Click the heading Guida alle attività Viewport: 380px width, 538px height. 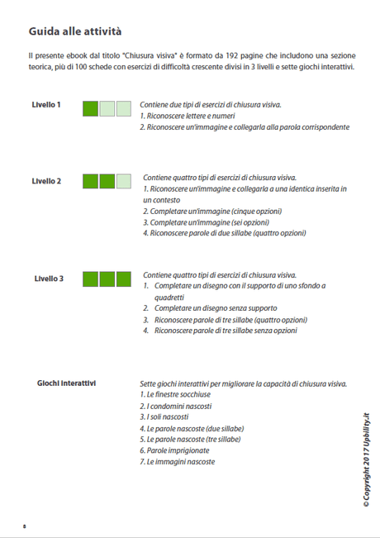tap(75, 32)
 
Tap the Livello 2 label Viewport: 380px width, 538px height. tap(46, 181)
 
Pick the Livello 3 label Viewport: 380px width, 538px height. tap(49, 279)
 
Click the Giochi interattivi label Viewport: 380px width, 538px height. tap(66, 383)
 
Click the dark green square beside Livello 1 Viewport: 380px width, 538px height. tap(91, 108)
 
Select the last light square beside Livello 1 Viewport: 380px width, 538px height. tap(124, 108)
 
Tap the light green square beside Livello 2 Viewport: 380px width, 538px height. tap(124, 181)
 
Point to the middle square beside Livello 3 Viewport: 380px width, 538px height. tap(107, 279)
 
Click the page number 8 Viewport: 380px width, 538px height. tap(25, 526)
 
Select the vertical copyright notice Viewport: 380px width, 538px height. tap(366, 463)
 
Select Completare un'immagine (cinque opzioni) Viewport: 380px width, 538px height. tap(212, 211)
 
